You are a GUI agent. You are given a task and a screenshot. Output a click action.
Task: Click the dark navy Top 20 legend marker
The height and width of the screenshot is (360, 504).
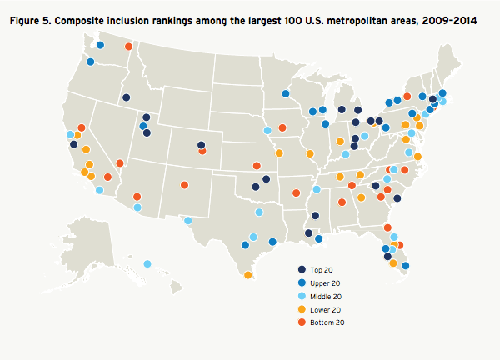coord(302,269)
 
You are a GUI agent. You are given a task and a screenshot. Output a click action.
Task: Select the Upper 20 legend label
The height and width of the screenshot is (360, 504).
coord(326,282)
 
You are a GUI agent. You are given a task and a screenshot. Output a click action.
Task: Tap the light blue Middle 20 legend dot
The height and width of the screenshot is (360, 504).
coord(302,296)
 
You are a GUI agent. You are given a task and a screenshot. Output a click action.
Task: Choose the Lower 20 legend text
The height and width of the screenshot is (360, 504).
coord(326,309)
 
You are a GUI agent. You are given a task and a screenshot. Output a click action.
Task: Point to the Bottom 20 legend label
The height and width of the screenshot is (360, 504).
coord(327,322)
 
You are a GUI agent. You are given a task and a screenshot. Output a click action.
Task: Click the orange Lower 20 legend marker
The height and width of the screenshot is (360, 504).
coord(302,309)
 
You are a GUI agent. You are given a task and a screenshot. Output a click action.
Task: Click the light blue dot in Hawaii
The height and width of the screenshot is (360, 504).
coord(147,264)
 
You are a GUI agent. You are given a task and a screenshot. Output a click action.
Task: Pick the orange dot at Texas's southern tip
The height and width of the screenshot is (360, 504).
coord(248,275)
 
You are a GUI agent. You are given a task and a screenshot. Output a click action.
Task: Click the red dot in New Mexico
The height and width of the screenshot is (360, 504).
coord(183,185)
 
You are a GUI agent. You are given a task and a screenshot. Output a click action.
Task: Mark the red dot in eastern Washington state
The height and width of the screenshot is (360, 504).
coord(127,47)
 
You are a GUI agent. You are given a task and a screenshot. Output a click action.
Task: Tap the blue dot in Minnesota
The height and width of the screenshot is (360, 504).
coord(285,94)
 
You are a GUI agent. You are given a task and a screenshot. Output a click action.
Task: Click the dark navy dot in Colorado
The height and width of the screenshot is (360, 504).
coord(202,145)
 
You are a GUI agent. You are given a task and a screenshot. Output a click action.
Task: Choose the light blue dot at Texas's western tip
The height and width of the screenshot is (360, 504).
coord(187,221)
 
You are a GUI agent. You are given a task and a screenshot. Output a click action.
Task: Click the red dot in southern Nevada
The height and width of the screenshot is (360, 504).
coord(120,163)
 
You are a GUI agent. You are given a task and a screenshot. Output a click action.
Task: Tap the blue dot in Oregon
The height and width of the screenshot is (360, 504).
coord(90,62)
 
